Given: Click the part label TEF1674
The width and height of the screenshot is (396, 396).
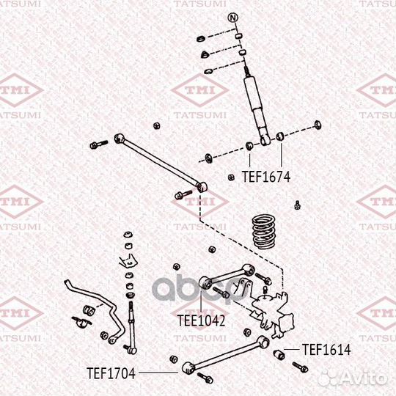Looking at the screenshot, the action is (x=266, y=177).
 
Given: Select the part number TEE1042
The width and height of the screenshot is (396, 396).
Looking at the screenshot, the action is (x=201, y=320).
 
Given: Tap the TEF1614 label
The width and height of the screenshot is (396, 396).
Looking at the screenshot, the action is (x=326, y=350).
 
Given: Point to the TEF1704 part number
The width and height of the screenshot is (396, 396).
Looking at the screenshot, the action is (x=111, y=373).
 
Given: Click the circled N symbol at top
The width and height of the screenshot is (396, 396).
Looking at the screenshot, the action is (x=233, y=18).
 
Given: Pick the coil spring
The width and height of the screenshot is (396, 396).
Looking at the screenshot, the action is (x=264, y=231).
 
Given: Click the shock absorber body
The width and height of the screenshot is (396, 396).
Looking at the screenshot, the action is (x=257, y=107).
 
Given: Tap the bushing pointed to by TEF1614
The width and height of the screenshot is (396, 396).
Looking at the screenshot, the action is (x=279, y=354).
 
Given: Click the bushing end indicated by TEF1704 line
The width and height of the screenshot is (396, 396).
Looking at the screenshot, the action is (x=188, y=368).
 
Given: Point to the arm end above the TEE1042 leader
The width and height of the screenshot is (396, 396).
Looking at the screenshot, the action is (x=206, y=283).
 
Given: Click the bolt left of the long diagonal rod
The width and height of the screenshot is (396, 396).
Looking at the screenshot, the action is (x=99, y=144).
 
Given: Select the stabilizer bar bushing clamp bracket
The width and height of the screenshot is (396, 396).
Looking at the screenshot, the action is (x=81, y=322).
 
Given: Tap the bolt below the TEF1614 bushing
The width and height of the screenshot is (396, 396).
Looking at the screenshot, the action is (x=300, y=367).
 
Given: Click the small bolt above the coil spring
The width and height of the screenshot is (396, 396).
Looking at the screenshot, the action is (x=298, y=205).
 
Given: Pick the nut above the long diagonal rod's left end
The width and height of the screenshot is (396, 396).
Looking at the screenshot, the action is (x=157, y=125).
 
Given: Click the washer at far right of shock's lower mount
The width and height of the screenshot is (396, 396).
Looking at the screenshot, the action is (x=318, y=125).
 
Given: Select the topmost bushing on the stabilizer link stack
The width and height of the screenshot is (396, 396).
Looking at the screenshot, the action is (x=128, y=235).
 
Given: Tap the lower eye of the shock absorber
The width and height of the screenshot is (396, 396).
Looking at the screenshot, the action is (x=265, y=139).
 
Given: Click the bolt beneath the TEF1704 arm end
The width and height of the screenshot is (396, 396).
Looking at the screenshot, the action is (x=205, y=378).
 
